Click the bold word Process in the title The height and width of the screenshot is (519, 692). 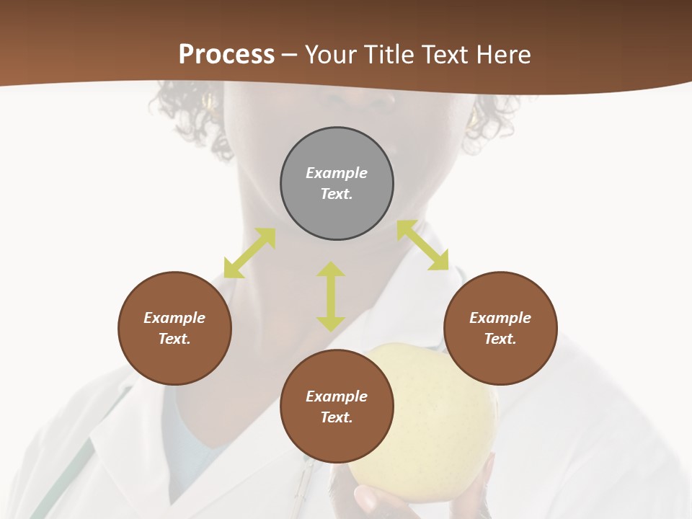pyautogui.click(x=226, y=55)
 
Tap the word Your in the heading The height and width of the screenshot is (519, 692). pyautogui.click(x=332, y=55)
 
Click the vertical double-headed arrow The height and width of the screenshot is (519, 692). pyautogui.click(x=331, y=296)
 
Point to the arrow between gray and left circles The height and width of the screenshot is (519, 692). pyautogui.click(x=249, y=253)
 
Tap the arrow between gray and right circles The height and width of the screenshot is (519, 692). pyautogui.click(x=422, y=245)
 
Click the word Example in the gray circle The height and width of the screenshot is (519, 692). pyautogui.click(x=337, y=173)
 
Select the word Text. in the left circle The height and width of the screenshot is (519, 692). pyautogui.click(x=174, y=339)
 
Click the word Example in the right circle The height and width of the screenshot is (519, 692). pyautogui.click(x=500, y=318)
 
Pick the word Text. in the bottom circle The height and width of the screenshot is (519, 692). pyautogui.click(x=337, y=417)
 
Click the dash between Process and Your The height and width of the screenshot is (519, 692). pyautogui.click(x=290, y=55)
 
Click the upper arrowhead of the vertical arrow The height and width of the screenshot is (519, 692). pyautogui.click(x=331, y=270)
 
